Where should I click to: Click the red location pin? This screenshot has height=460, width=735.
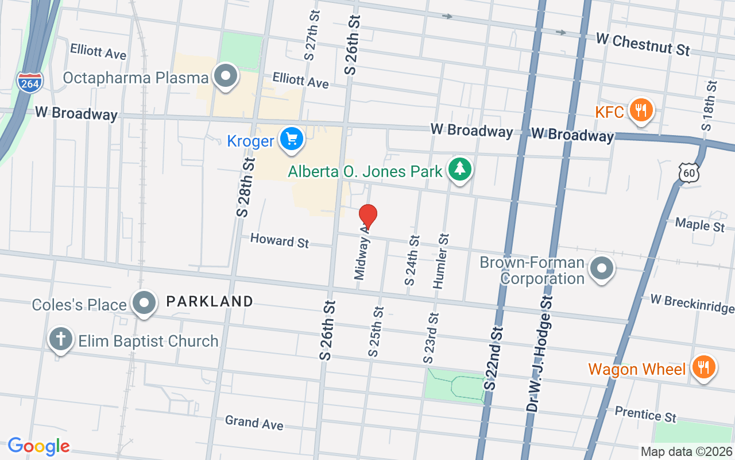[x=367, y=217]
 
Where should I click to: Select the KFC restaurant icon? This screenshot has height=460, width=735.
[x=640, y=111]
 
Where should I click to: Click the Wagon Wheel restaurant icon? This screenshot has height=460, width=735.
[x=702, y=367]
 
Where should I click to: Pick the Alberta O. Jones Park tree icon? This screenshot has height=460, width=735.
[x=460, y=170]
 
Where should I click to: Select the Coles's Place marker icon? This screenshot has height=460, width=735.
[x=144, y=303]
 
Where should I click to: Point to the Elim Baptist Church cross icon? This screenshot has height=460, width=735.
[x=60, y=340]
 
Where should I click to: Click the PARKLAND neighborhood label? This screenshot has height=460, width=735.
[x=210, y=301]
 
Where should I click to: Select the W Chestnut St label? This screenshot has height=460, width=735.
[x=643, y=44]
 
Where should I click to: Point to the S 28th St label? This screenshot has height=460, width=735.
[x=245, y=187]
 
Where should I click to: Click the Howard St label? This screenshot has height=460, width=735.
[x=280, y=240]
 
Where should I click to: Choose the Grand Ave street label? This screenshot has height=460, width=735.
[x=254, y=423]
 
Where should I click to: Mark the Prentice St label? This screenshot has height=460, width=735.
[x=645, y=413]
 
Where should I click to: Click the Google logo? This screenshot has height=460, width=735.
[x=38, y=446]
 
